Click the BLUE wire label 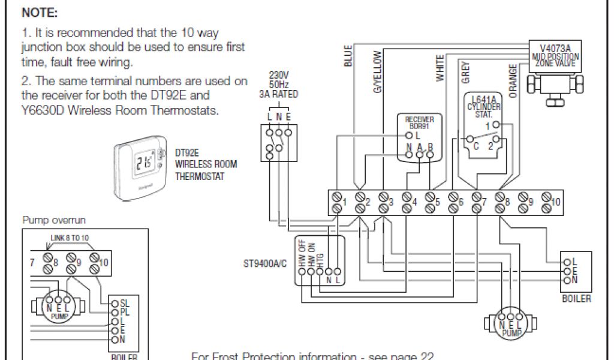tap(348, 55)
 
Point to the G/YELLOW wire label tap(377, 71)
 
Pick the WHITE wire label tap(441, 68)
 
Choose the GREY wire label tap(466, 72)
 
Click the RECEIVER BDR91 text tap(419, 123)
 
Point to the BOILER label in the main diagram tap(576, 298)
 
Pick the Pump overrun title tap(53, 220)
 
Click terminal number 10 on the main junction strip tap(556, 203)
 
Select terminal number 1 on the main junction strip tap(344, 203)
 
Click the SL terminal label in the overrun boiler tap(125, 304)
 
